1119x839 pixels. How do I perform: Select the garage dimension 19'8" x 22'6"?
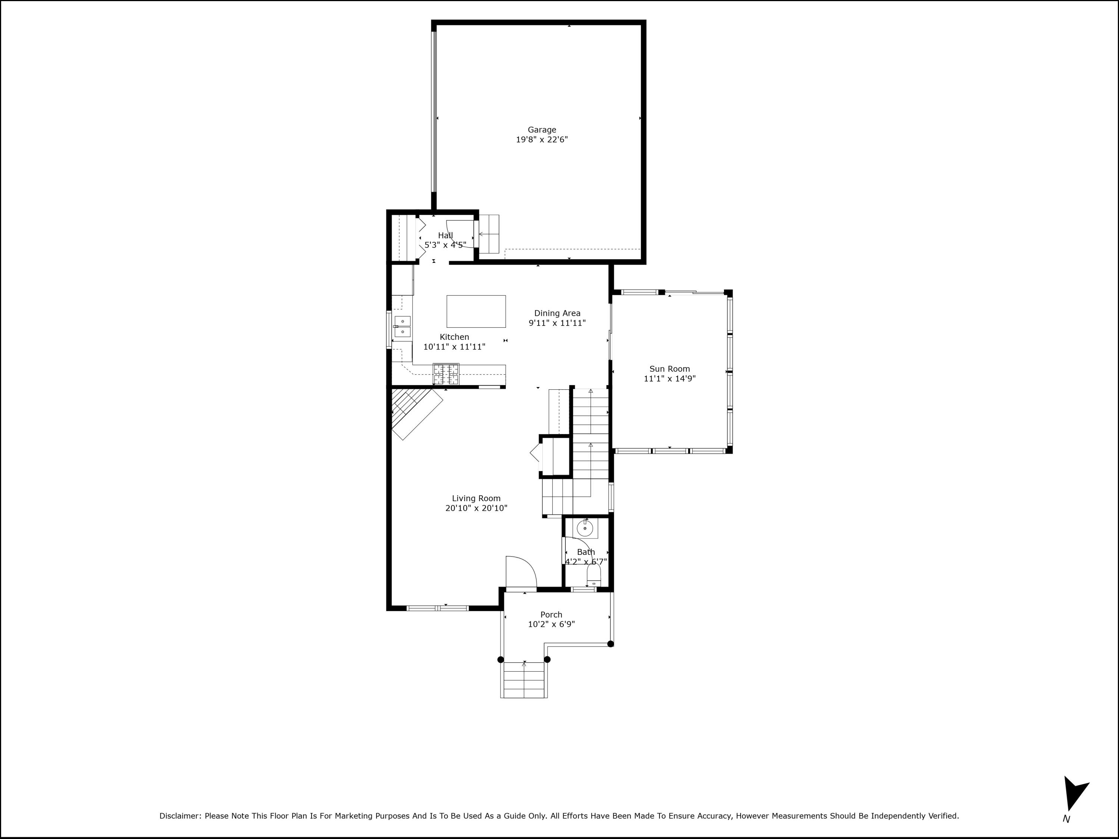coord(542,139)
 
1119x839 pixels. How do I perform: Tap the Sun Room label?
coord(669,369)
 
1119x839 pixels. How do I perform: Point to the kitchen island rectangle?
coord(476,311)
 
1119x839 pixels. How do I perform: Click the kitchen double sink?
coord(402,327)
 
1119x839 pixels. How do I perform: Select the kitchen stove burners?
coord(446,374)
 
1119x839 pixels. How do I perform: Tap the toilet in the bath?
coord(593,575)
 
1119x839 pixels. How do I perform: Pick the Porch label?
coord(551,615)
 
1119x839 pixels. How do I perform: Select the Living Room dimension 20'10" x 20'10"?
coord(476,508)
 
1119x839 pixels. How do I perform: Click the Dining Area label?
coord(557,313)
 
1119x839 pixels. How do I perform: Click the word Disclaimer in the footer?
coord(180,816)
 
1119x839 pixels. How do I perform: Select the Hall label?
coord(445,235)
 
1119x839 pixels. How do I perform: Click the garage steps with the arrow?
coord(489,234)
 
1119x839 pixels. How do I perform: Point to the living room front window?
coord(438,608)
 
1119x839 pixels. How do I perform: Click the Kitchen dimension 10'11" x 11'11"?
coord(454,347)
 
